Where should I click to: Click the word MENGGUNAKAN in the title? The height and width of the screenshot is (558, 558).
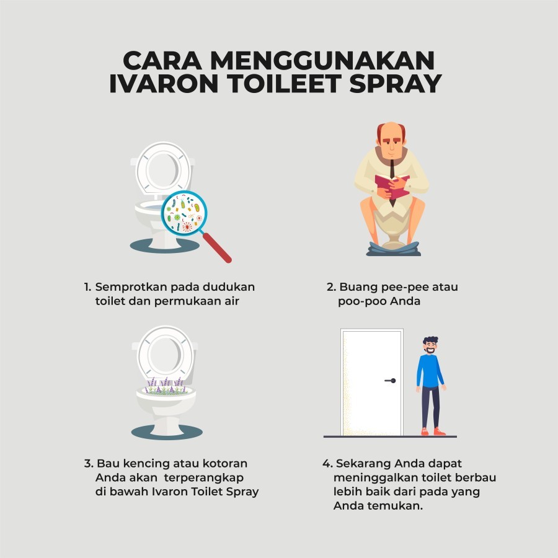[x=322, y=61]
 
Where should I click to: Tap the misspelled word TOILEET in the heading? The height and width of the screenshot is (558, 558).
[x=284, y=84]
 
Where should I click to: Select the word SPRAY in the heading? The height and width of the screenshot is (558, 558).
[x=396, y=84]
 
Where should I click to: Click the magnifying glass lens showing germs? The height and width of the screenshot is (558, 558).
[x=184, y=213]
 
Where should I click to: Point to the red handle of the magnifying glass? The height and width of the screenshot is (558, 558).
[x=217, y=247]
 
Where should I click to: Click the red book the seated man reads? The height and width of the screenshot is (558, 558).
[x=392, y=186]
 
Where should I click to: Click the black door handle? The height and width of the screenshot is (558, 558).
[x=391, y=381]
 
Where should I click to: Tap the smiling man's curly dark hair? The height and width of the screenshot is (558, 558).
[x=431, y=340]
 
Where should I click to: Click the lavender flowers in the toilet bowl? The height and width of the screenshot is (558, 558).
[x=166, y=386]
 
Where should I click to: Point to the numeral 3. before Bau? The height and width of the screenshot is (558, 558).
[x=89, y=464]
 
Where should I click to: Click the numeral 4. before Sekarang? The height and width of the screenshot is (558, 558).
[x=328, y=464]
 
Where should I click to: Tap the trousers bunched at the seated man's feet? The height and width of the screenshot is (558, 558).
[x=394, y=249]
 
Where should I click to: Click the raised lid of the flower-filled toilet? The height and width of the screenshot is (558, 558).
[x=165, y=354]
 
